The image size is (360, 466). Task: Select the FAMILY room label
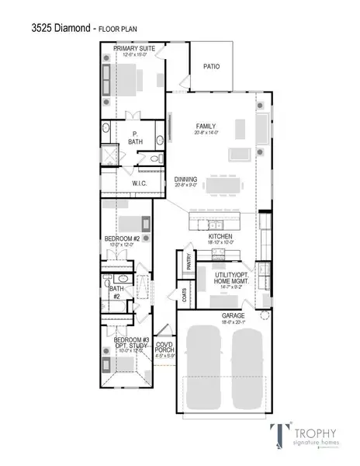click(x=206, y=127)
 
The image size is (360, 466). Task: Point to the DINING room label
click(x=185, y=179)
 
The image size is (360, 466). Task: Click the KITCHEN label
click(x=220, y=237)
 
